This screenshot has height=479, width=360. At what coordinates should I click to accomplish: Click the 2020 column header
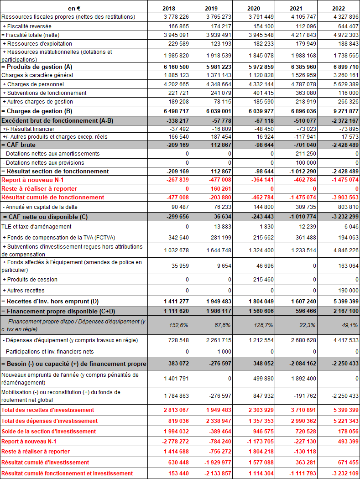coord(254,8)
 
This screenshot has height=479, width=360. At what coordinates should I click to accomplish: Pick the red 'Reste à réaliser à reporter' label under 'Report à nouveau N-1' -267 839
coord(39,188)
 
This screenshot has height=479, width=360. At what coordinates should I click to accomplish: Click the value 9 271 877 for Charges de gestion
coord(345,111)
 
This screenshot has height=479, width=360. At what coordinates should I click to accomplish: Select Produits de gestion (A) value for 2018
coord(175,67)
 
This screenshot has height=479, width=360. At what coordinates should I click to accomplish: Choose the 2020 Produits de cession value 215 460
coord(263,279)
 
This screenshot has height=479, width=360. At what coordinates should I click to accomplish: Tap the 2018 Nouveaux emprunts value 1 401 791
coord(175,378)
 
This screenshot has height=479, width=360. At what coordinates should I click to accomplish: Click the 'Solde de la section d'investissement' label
coord(49,431)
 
